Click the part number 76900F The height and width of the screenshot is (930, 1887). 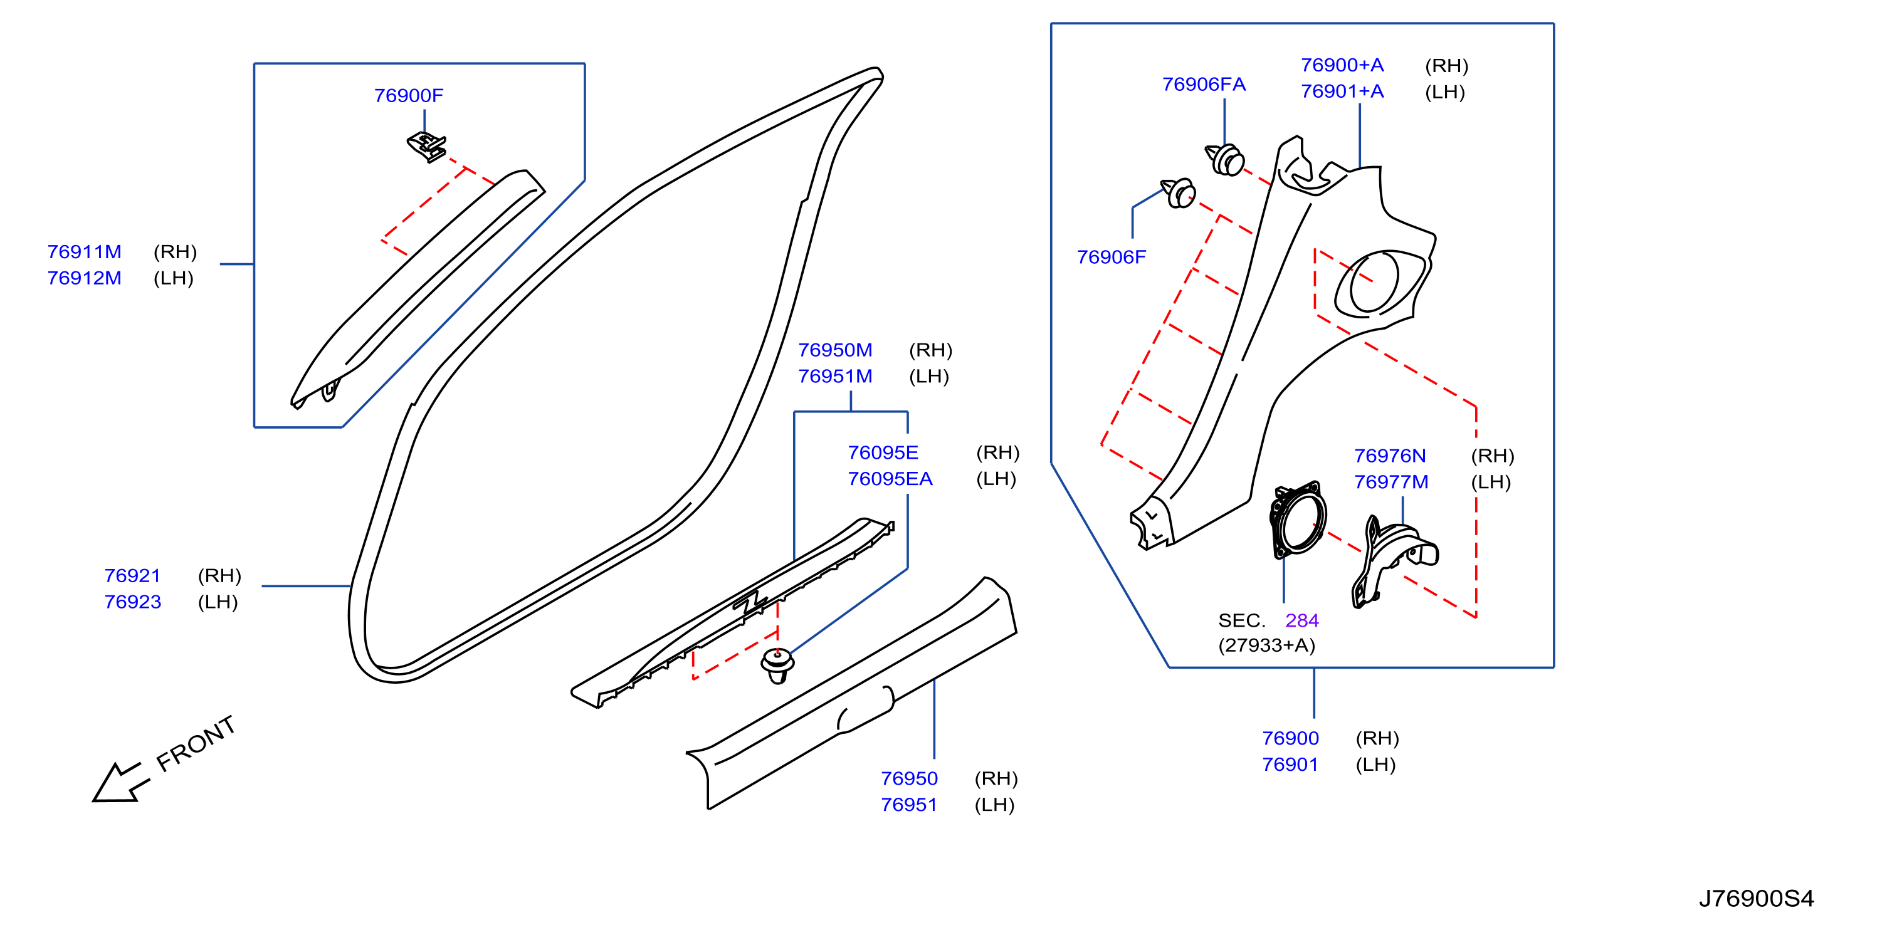[x=409, y=96]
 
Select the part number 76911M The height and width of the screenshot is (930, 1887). [x=84, y=252]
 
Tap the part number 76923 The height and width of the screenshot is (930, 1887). [x=132, y=602]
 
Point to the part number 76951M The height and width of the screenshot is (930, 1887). [x=835, y=377]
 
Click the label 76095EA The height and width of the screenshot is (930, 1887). [x=890, y=479]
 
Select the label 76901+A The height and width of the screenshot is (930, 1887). [x=1342, y=91]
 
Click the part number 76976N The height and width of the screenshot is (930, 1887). [x=1390, y=456]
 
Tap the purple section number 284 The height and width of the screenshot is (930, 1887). [x=1301, y=621]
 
